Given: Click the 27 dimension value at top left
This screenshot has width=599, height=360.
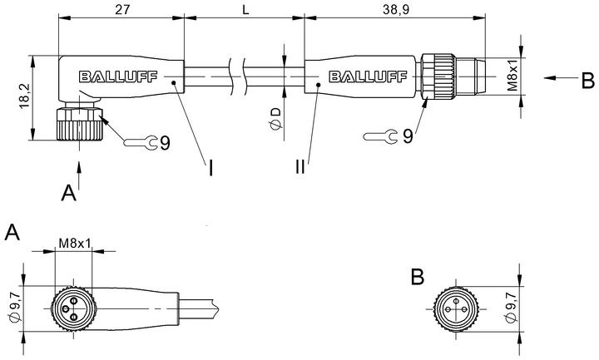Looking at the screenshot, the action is click(122, 9).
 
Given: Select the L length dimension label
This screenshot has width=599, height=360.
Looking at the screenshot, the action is click(245, 9).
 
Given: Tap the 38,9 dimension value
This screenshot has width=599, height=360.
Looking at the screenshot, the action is click(396, 9).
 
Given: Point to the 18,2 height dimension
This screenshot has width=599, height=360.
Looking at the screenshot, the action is click(25, 96).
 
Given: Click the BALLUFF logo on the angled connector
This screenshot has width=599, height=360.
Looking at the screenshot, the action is click(118, 76).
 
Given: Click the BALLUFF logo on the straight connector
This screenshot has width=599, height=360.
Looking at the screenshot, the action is click(368, 76).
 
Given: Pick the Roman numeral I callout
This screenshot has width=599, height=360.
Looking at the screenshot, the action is click(210, 168).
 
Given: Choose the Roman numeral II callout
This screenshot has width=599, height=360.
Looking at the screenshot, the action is click(300, 166).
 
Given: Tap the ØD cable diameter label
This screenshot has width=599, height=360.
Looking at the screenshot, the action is click(275, 118).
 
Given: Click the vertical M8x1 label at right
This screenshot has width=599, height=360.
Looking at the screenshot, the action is click(512, 75).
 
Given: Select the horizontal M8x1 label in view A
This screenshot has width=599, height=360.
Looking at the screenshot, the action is click(75, 243).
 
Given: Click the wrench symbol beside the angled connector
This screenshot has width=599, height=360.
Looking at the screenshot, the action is click(141, 142).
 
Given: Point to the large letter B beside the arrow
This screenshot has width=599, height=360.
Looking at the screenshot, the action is click(588, 81).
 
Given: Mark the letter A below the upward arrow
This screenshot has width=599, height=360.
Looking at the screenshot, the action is click(69, 193).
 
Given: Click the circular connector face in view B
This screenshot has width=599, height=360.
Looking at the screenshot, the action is click(456, 308).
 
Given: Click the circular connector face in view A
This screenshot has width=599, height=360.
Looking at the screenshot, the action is click(74, 308).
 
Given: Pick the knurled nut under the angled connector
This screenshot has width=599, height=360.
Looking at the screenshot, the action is click(80, 124).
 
